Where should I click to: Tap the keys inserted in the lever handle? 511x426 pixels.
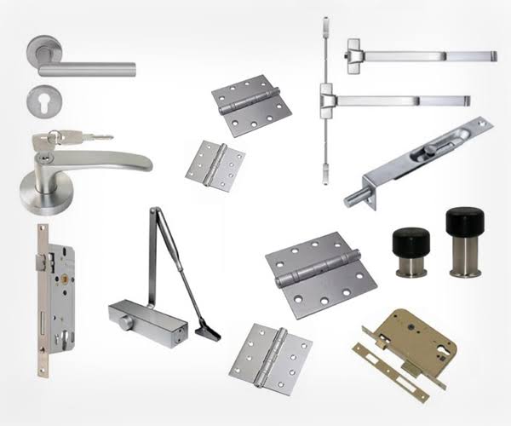82,135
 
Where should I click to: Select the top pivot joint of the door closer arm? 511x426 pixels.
155,211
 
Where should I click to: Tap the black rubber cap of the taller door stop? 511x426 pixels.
462,220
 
